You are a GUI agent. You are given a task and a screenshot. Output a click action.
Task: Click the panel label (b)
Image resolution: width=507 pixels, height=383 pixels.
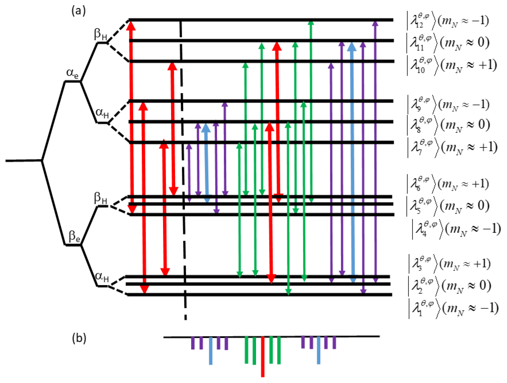[79, 338]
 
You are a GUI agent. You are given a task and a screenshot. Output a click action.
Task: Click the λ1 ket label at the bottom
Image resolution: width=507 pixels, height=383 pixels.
[453, 308]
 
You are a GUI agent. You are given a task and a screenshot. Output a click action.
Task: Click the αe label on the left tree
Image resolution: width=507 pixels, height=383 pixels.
[72, 73]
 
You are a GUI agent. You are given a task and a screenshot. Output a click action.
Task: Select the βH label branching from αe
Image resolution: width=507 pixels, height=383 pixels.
[101, 35]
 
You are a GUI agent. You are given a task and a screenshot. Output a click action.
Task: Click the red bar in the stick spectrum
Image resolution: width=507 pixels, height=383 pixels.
[262, 357]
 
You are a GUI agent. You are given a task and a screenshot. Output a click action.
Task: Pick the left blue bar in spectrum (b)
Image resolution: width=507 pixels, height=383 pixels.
[211, 351]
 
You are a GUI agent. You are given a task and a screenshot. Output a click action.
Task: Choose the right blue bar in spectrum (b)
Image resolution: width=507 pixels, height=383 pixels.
[318, 350]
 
